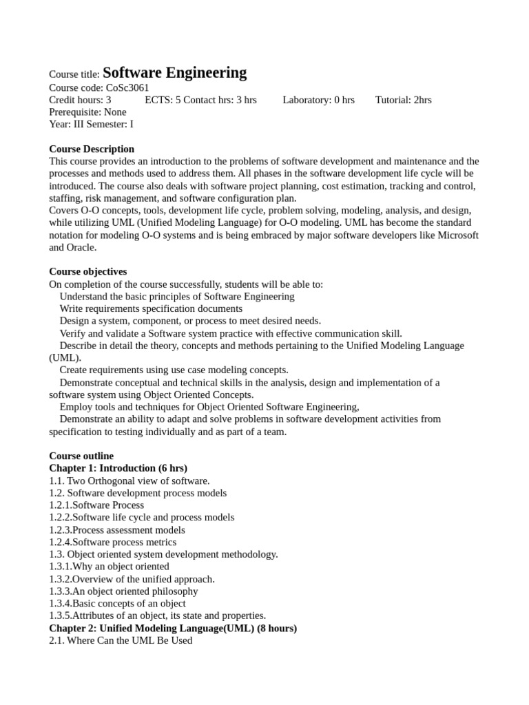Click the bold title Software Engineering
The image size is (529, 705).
174,72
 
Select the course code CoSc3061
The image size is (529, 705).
127,87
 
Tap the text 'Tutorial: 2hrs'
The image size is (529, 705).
403,100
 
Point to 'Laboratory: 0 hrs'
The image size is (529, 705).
318,100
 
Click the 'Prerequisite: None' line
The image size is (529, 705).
87,112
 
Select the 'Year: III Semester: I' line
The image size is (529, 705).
91,125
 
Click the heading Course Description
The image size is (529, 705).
92,149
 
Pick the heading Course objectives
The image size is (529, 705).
87,271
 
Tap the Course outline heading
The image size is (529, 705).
81,456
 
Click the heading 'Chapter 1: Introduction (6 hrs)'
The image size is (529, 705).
118,468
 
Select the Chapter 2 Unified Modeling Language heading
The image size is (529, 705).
173,628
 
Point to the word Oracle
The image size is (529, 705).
81,247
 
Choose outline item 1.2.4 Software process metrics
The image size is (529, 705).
112,542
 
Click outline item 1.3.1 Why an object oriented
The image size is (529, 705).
109,567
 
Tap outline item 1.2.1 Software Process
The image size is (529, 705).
96,505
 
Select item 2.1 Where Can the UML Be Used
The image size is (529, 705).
121,640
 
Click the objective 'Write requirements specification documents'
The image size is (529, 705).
151,308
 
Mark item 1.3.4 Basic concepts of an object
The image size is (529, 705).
117,603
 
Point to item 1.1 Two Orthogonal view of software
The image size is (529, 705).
129,481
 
